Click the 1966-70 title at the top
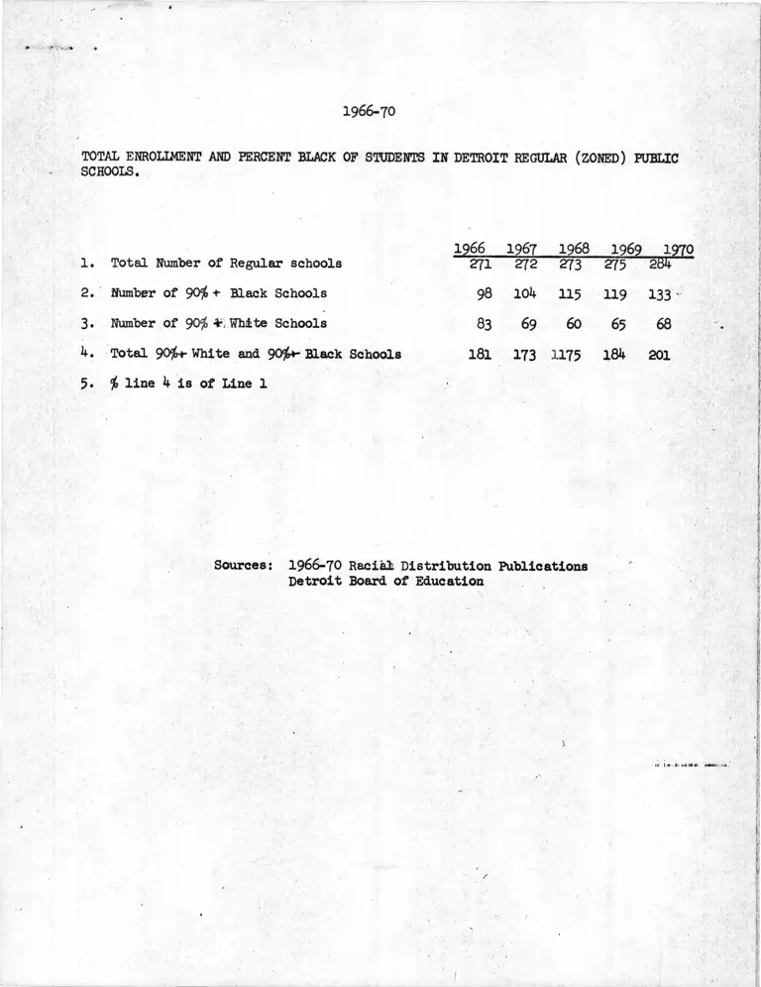click(x=369, y=111)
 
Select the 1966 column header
click(x=469, y=248)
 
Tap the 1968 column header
click(x=574, y=248)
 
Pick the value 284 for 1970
click(x=661, y=265)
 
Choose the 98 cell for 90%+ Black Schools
click(x=485, y=294)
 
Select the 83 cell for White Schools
click(x=485, y=323)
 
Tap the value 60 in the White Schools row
click(x=574, y=323)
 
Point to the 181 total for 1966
click(x=480, y=353)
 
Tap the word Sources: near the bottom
click(x=244, y=566)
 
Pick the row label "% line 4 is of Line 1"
click(x=189, y=383)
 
